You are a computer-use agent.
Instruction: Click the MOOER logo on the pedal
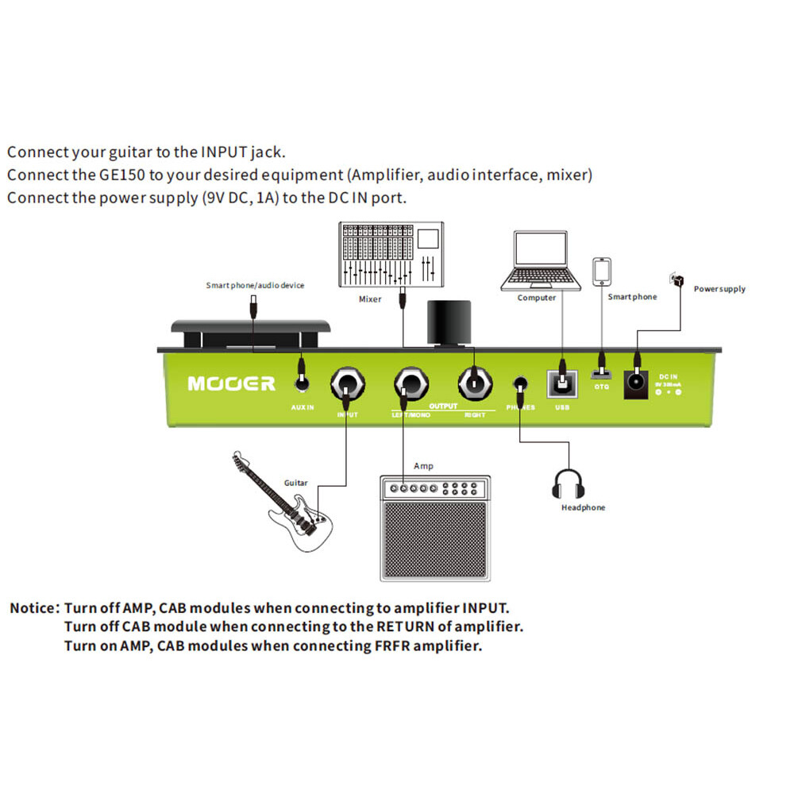coord(231,384)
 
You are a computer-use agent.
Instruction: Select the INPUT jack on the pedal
coord(347,385)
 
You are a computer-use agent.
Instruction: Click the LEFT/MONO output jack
coord(410,385)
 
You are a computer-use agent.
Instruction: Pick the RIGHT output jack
coord(473,384)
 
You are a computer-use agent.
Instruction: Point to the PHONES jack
coord(520,383)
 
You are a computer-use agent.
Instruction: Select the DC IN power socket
coord(636,383)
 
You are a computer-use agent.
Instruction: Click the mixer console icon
coord(388,255)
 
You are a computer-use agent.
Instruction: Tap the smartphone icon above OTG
coord(602,272)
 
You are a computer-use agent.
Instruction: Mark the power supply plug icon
coord(676,279)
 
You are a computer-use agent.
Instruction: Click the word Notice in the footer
coord(33,608)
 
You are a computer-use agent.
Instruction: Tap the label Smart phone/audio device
coord(255,285)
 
